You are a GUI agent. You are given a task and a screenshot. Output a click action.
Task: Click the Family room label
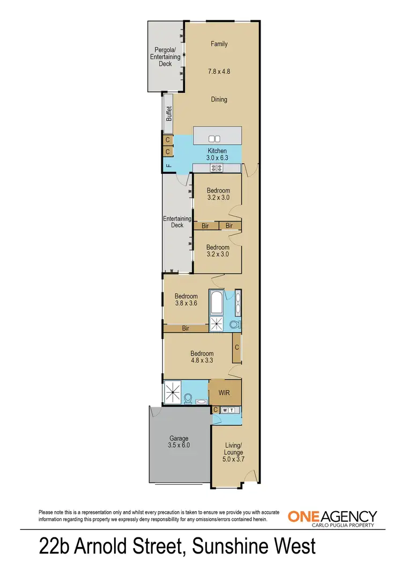point(219,44)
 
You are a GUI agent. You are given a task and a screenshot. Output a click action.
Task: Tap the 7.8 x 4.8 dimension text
point(219,71)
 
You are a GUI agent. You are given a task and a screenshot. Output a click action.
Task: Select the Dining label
point(219,99)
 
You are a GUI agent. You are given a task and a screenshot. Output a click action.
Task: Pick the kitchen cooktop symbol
point(217,168)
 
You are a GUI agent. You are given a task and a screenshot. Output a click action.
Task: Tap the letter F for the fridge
point(168,165)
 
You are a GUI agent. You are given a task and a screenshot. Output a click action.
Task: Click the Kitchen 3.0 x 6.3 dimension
point(217,158)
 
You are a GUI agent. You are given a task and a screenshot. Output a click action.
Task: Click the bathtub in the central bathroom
point(217,303)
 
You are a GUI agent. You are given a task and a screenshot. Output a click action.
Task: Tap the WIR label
point(225,393)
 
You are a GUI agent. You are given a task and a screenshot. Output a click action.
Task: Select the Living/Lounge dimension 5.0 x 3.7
point(233,459)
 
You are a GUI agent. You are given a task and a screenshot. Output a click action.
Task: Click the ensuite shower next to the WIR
point(173,392)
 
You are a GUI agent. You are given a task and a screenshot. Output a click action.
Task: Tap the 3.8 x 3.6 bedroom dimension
point(186,303)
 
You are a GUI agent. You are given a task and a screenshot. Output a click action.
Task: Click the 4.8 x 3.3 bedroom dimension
point(202,361)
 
